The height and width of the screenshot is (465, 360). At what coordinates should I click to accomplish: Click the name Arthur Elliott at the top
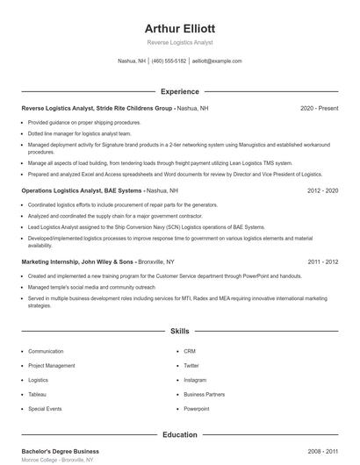[179, 28]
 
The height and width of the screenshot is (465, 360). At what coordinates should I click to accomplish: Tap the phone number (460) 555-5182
[169, 61]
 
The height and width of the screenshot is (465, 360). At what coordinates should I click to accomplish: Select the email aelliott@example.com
[217, 61]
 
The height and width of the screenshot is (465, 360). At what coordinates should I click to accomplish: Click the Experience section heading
[179, 91]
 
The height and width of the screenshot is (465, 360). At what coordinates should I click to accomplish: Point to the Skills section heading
[179, 332]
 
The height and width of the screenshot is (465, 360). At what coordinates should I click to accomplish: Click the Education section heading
[179, 434]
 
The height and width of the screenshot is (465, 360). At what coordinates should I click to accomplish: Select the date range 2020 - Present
[319, 108]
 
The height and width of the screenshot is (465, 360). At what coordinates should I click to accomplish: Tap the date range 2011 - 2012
[323, 261]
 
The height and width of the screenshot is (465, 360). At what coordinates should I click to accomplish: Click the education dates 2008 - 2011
[323, 450]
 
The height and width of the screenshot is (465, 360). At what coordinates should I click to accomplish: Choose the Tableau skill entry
[38, 394]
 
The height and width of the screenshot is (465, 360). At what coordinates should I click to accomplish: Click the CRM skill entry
[190, 351]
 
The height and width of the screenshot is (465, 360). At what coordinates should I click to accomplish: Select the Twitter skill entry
[191, 365]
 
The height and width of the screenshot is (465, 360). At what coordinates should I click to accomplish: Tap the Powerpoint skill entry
[197, 409]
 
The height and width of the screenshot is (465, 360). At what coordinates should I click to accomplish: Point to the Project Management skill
[52, 365]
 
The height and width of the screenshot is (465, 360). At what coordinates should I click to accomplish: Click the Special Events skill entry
[45, 409]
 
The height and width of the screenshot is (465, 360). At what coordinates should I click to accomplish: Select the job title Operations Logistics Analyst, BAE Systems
[81, 190]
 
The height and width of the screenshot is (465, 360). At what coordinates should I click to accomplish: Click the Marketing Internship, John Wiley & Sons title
[77, 261]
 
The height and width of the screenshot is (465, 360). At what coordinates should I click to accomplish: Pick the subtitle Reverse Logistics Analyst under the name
[179, 42]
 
